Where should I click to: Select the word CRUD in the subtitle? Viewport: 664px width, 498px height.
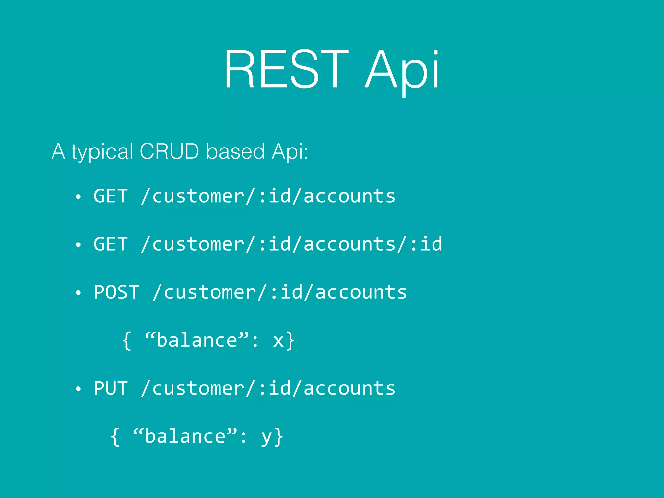click(169, 151)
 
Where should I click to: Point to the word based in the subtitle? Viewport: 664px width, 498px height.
click(235, 151)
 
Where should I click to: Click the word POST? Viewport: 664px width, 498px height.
click(117, 292)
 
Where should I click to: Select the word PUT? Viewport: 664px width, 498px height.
click(111, 388)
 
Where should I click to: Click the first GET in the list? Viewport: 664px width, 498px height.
click(111, 196)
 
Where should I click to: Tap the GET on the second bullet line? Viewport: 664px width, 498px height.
click(111, 244)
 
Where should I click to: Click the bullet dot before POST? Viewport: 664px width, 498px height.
click(78, 293)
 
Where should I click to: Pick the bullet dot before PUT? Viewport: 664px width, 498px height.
click(78, 389)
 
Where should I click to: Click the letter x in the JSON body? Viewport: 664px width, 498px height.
click(278, 341)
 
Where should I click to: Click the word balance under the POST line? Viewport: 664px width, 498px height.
click(197, 340)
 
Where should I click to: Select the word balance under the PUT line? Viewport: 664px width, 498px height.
click(185, 436)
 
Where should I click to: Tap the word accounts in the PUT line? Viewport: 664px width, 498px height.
click(350, 388)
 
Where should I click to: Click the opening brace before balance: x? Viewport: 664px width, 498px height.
click(127, 340)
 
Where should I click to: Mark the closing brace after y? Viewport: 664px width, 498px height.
click(279, 437)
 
